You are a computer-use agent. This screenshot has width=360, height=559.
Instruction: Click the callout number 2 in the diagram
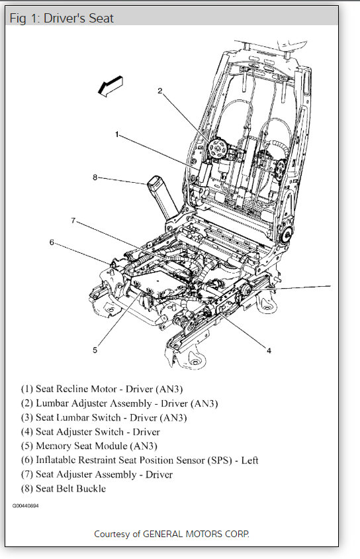(x=160, y=91)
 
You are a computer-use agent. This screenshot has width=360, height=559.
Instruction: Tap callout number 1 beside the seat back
(x=116, y=134)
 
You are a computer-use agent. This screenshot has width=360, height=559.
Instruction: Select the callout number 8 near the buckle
(x=95, y=178)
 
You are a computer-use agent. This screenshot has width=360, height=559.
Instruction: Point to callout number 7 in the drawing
(x=73, y=221)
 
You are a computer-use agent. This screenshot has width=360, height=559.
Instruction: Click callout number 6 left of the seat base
(x=52, y=242)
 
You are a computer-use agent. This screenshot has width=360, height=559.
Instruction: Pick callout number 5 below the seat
(x=95, y=350)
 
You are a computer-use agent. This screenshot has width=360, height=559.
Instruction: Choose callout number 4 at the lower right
(x=269, y=351)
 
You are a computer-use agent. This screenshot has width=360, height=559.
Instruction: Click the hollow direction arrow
(x=111, y=86)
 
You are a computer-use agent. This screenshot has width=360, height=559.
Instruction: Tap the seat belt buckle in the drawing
(x=162, y=197)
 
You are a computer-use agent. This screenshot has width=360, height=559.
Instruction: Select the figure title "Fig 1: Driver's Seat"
(x=62, y=18)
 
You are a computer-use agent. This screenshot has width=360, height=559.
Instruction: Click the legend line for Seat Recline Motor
(x=102, y=389)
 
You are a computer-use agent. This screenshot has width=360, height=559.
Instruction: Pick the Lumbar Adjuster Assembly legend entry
(x=119, y=403)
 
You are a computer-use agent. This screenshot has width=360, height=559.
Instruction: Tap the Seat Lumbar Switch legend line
(x=104, y=417)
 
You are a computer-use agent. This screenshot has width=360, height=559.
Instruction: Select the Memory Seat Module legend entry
(x=89, y=446)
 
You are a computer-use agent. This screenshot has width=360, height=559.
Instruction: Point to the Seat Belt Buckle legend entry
(x=64, y=488)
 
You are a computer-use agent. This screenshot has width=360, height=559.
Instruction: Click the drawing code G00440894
(x=26, y=506)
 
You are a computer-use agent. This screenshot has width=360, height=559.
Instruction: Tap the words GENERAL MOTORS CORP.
(x=196, y=534)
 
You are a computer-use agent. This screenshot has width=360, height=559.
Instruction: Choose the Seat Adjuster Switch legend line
(x=91, y=432)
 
